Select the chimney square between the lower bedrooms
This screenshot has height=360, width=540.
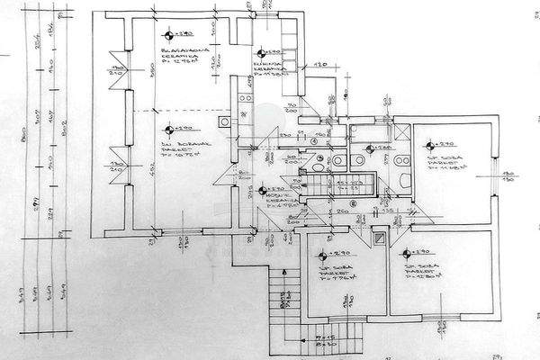pos(382,240)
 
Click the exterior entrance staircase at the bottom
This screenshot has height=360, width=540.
pos(286,301)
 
